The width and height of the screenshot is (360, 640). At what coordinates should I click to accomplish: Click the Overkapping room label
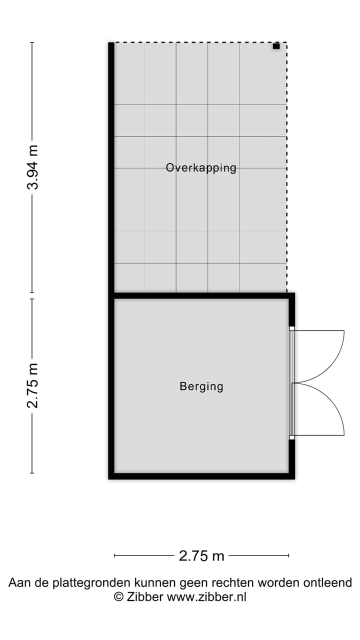(x=201, y=168)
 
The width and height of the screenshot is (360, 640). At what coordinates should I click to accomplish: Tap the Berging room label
(x=201, y=386)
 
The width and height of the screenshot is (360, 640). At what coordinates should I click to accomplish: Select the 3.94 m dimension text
(x=33, y=167)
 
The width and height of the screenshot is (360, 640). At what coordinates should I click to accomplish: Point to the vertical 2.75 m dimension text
(x=33, y=385)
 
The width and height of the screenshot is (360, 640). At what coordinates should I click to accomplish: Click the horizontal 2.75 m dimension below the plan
(x=201, y=555)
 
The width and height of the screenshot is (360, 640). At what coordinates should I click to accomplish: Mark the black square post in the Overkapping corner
(x=276, y=46)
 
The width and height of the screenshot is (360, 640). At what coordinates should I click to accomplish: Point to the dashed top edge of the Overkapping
(x=200, y=42)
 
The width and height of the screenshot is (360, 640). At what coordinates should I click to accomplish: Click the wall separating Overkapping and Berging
(x=200, y=296)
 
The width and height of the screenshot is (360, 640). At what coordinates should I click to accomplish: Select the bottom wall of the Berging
(x=200, y=476)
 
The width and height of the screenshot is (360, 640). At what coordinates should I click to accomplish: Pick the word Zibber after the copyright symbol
(x=145, y=596)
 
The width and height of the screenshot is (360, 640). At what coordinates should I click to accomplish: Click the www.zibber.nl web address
(x=206, y=596)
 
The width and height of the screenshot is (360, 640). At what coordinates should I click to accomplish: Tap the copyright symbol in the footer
(x=118, y=596)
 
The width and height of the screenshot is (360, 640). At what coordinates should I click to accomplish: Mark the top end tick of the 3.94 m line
(x=32, y=42)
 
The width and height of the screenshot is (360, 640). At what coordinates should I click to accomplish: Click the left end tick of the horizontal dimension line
(x=115, y=555)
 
